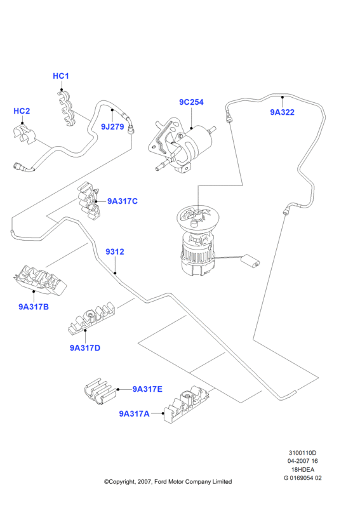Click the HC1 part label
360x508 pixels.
point(61,76)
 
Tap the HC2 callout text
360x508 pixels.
point(22,110)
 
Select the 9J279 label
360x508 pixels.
point(112,126)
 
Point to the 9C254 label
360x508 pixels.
point(191,102)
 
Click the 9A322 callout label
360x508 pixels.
point(283,112)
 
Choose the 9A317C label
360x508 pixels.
point(123,201)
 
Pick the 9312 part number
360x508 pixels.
point(115,251)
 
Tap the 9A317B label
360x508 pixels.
point(34,307)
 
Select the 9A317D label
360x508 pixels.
point(85,348)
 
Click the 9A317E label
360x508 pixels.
point(147,389)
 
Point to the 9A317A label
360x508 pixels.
point(134,414)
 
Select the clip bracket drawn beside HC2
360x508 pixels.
point(23,135)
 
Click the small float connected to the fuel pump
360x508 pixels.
point(251,261)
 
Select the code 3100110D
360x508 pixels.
point(303,453)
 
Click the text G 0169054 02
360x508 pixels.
point(303,478)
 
